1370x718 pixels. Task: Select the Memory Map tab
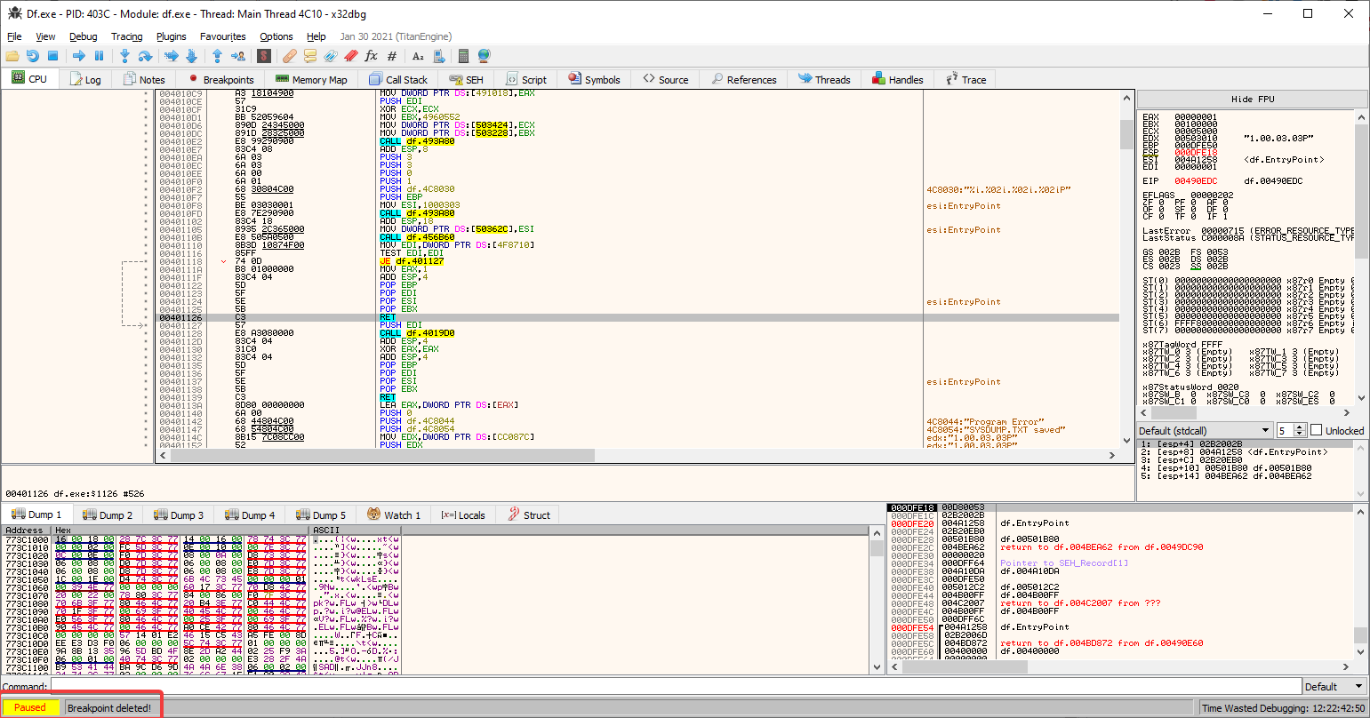[311, 79]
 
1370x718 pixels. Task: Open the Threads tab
[824, 79]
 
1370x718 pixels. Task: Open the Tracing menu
[127, 36]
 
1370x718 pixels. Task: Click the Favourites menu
[223, 36]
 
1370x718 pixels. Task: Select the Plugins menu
[172, 36]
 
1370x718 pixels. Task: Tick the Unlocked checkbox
[1317, 430]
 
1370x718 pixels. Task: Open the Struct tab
[529, 515]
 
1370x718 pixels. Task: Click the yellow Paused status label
[30, 707]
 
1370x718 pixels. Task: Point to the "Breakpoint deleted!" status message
[109, 708]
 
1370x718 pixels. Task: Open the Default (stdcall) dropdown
[1205, 430]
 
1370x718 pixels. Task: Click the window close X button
[1349, 13]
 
